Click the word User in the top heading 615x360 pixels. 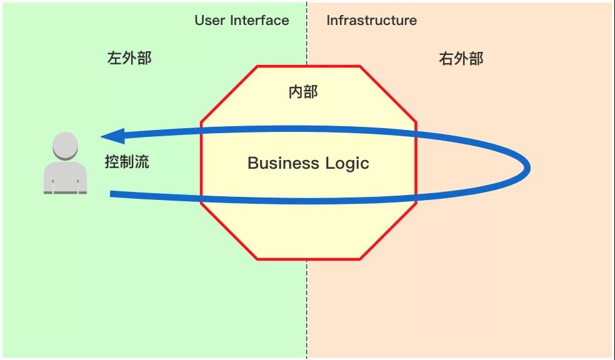210,21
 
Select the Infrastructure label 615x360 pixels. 371,21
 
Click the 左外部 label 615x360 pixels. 129,58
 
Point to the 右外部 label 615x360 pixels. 461,59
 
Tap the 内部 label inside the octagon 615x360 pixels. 303,92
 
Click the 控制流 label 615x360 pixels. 127,162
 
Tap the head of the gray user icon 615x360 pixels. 65,146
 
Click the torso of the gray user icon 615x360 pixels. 65,177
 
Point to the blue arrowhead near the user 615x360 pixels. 113,136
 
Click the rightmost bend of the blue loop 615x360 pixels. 527,167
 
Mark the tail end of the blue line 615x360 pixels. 111,194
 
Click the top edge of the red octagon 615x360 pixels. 309,66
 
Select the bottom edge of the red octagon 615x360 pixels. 309,259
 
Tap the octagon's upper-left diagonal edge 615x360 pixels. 229,94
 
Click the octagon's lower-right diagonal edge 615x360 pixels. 388,231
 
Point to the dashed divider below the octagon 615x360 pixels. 307,309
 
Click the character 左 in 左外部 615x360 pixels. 114,58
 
